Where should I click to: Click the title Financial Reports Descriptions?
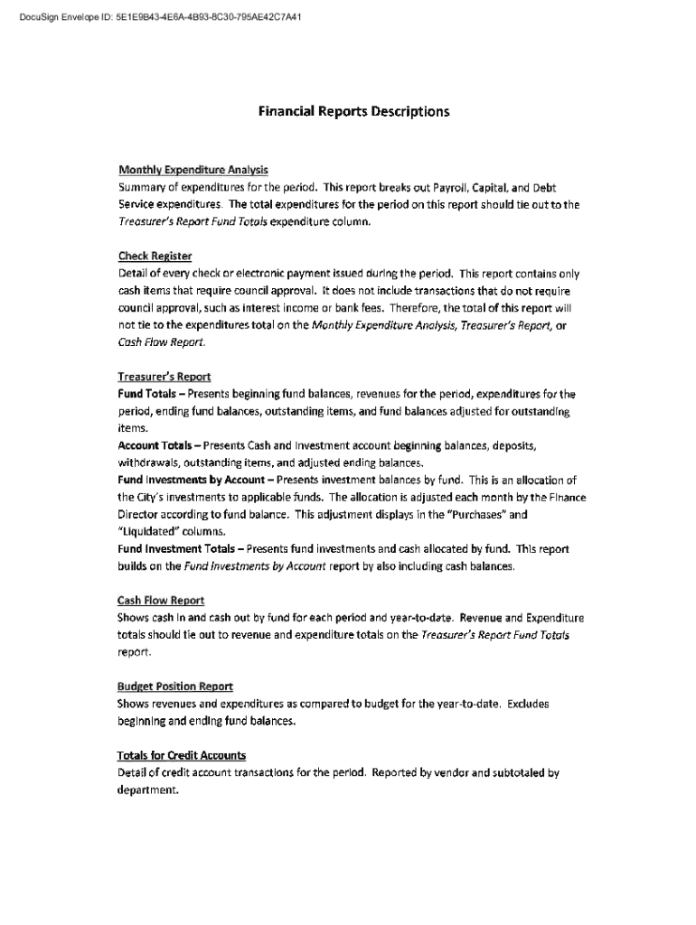pyautogui.click(x=353, y=112)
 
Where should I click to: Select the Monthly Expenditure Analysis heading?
pyautogui.click(x=193, y=170)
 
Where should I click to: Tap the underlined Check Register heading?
pyautogui.click(x=155, y=256)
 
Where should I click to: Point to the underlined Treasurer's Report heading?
pyautogui.click(x=164, y=377)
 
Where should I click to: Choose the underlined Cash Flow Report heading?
pyautogui.click(x=161, y=601)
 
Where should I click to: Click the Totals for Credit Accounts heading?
pyautogui.click(x=181, y=755)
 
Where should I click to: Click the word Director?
pyautogui.click(x=139, y=514)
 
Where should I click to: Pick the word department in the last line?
pyautogui.click(x=147, y=790)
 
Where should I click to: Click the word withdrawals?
pyautogui.click(x=149, y=462)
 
